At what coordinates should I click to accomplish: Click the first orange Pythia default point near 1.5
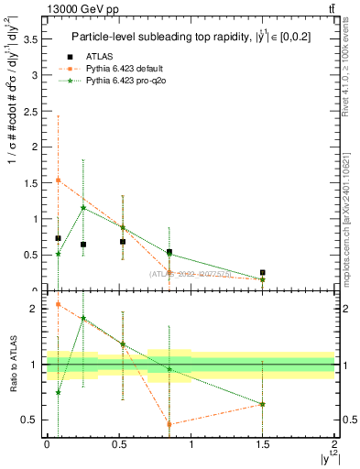58,180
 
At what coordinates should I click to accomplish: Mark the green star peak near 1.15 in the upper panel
83,208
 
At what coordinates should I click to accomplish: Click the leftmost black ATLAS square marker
58,238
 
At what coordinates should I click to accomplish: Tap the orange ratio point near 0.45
169,424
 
